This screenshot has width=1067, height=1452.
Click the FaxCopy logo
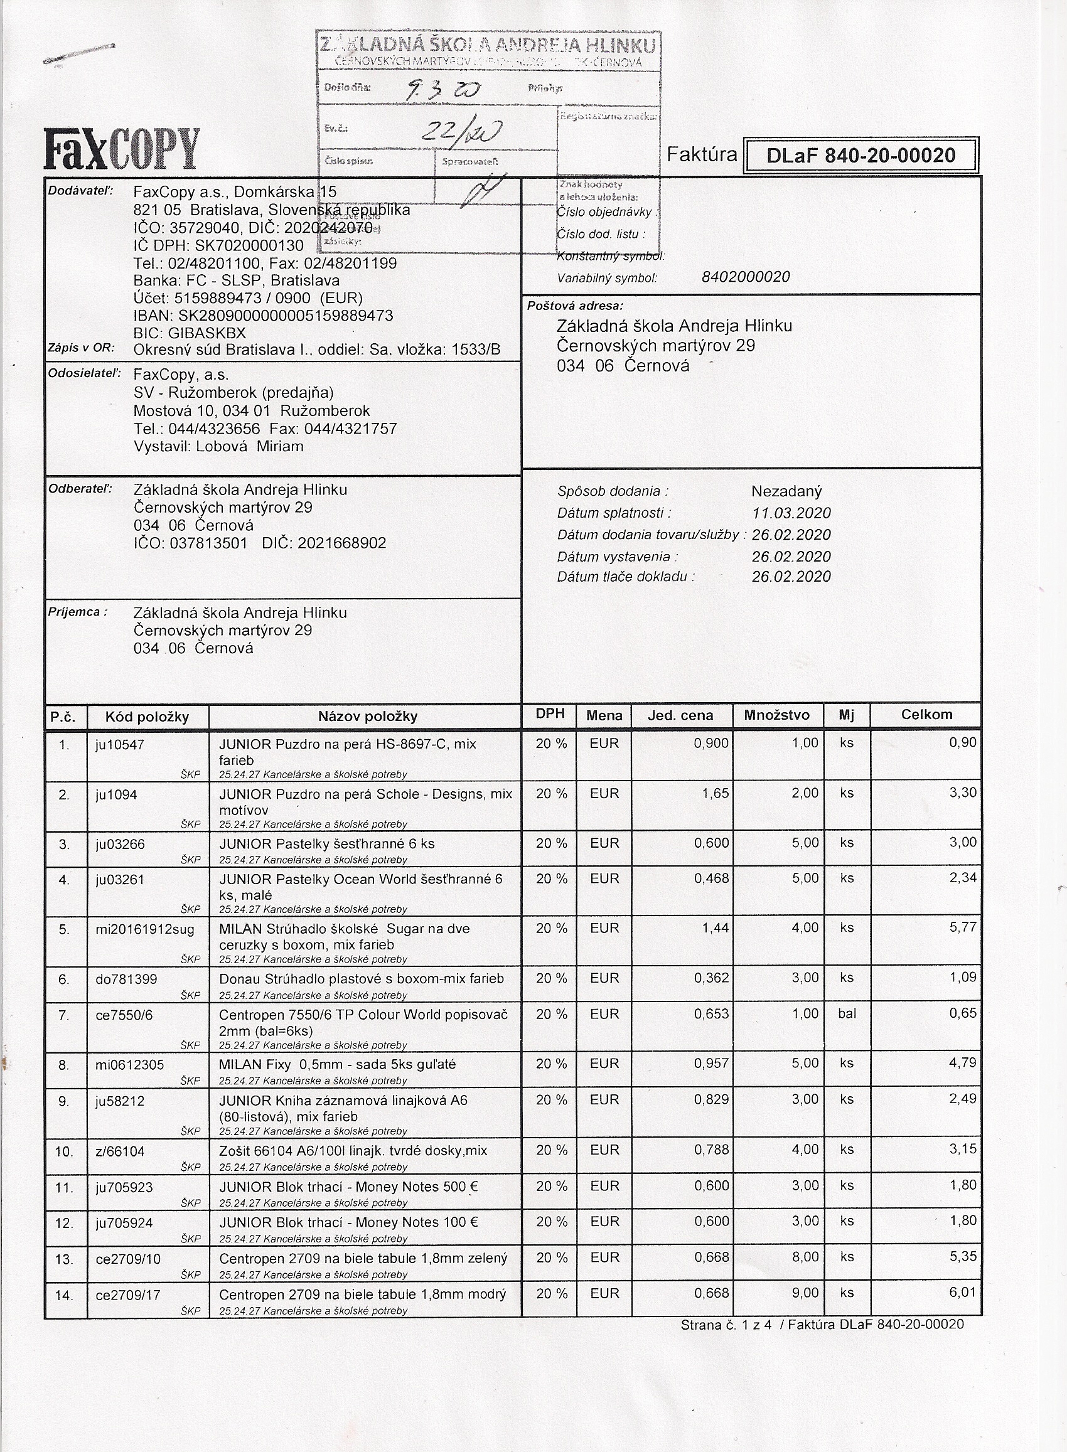(x=121, y=149)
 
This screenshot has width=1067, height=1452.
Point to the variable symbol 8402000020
(x=746, y=277)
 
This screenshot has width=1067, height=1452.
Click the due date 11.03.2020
(x=791, y=513)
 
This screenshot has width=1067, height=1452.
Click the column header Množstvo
(x=776, y=715)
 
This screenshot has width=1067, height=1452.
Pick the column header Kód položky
(x=147, y=717)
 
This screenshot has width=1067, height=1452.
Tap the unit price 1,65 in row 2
(x=714, y=793)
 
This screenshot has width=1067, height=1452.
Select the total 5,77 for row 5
(x=962, y=927)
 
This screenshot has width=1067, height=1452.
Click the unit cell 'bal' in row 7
(x=847, y=1013)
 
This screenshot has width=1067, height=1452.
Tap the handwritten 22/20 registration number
(x=459, y=132)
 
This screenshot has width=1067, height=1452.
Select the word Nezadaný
(x=786, y=491)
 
